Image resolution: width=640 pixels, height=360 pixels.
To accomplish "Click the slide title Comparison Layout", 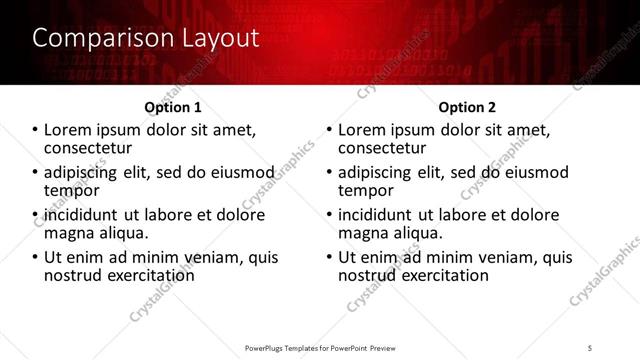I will click(145, 39).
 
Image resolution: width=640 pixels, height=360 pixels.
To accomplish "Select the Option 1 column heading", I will click(173, 107).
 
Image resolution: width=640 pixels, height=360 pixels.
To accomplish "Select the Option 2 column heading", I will click(467, 107).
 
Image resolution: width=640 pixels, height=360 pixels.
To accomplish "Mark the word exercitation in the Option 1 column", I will click(142, 275).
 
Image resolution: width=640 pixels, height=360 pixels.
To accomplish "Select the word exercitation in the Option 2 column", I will click(436, 275).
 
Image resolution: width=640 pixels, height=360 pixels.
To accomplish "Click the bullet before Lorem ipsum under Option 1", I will click(35, 131).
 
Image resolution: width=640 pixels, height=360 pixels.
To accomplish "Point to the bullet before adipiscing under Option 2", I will click(329, 173).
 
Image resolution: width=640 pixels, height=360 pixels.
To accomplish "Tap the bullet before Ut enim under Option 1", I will click(35, 258).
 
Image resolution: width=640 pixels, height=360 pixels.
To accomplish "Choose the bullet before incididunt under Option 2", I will click(329, 216).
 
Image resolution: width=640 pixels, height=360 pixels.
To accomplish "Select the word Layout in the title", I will click(217, 39).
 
